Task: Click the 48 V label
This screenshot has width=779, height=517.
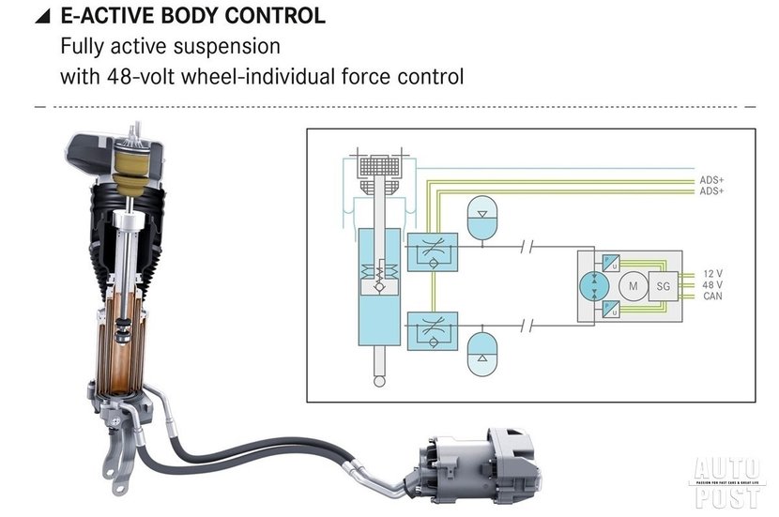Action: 712,285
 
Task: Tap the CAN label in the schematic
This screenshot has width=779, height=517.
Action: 712,297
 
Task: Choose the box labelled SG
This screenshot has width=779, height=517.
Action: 664,285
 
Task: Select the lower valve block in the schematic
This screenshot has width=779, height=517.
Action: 433,330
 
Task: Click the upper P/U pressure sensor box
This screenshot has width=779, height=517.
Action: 609,262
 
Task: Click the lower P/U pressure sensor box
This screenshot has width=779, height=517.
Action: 609,308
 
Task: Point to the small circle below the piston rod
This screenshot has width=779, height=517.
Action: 378,380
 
